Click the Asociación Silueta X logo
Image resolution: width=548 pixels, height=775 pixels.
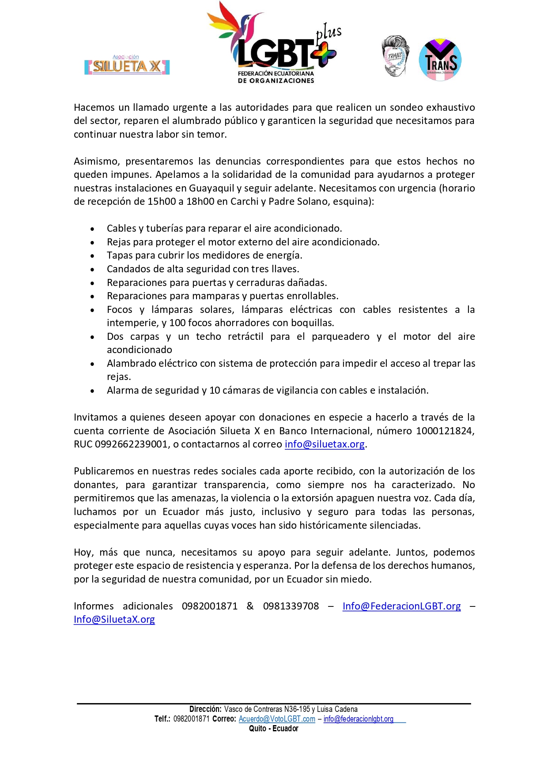(127, 66)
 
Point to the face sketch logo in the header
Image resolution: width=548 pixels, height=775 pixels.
(395, 56)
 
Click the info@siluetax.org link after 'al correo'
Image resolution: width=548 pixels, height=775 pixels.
(325, 444)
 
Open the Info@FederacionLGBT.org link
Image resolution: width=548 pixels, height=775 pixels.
(401, 606)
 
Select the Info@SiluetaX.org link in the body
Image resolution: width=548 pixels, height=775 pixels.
(114, 619)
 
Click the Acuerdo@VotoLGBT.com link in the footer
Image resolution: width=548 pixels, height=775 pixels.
(277, 719)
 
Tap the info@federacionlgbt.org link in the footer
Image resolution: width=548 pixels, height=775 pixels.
(358, 719)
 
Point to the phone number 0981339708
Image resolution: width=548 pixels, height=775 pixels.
(291, 606)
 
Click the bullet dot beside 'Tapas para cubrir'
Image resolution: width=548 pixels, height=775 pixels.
(92, 256)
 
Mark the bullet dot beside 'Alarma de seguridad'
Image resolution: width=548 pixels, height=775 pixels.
(92, 391)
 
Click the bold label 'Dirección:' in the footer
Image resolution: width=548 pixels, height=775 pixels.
(205, 709)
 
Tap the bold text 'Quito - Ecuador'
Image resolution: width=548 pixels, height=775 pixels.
(273, 729)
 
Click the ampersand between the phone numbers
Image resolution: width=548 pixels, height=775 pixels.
(250, 606)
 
